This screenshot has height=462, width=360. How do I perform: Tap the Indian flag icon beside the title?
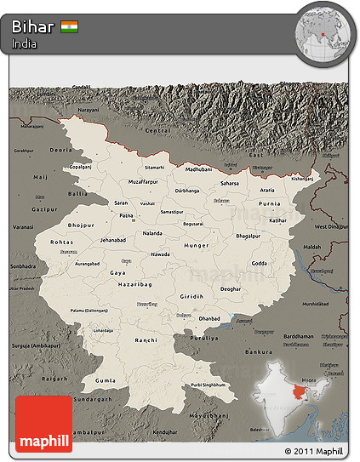click(70, 26)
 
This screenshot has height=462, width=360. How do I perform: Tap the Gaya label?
click(117, 272)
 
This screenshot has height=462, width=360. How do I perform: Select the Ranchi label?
click(146, 339)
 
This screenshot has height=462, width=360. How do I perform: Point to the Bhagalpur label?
click(249, 234)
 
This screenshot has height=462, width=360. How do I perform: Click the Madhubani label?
click(197, 169)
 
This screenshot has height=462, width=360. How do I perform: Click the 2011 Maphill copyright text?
click(314, 451)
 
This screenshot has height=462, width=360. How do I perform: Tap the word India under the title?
click(24, 44)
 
